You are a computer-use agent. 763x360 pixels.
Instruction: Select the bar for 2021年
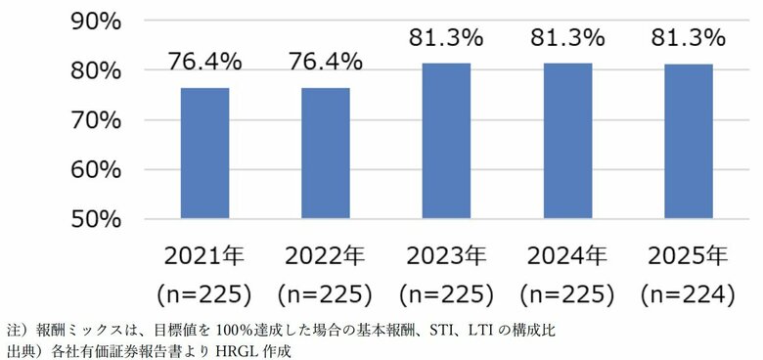pos(204,153)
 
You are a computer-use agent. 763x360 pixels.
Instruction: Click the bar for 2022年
pos(325,153)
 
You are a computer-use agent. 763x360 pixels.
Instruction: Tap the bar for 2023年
pos(446,141)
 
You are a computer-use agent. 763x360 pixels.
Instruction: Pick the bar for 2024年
pos(566,141)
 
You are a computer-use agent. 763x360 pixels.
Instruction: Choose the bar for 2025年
pos(688,141)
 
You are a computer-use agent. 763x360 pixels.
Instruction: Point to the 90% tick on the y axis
pos(95,21)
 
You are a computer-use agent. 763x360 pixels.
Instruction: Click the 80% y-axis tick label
pos(95,70)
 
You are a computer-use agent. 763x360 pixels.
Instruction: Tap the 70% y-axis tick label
pos(95,119)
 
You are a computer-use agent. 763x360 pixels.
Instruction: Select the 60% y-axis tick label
pos(95,169)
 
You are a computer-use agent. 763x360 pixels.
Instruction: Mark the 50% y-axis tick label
pos(95,218)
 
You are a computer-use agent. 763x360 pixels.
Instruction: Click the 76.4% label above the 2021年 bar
pos(204,62)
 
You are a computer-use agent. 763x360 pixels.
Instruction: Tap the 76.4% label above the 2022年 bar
pos(325,62)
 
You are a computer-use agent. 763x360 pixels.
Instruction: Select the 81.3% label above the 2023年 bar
pos(446,38)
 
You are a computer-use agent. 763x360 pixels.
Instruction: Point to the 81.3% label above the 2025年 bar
pos(688,38)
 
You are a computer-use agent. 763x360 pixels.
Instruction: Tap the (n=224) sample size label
pos(688,292)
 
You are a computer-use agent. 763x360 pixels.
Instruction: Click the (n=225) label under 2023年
pos(446,292)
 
